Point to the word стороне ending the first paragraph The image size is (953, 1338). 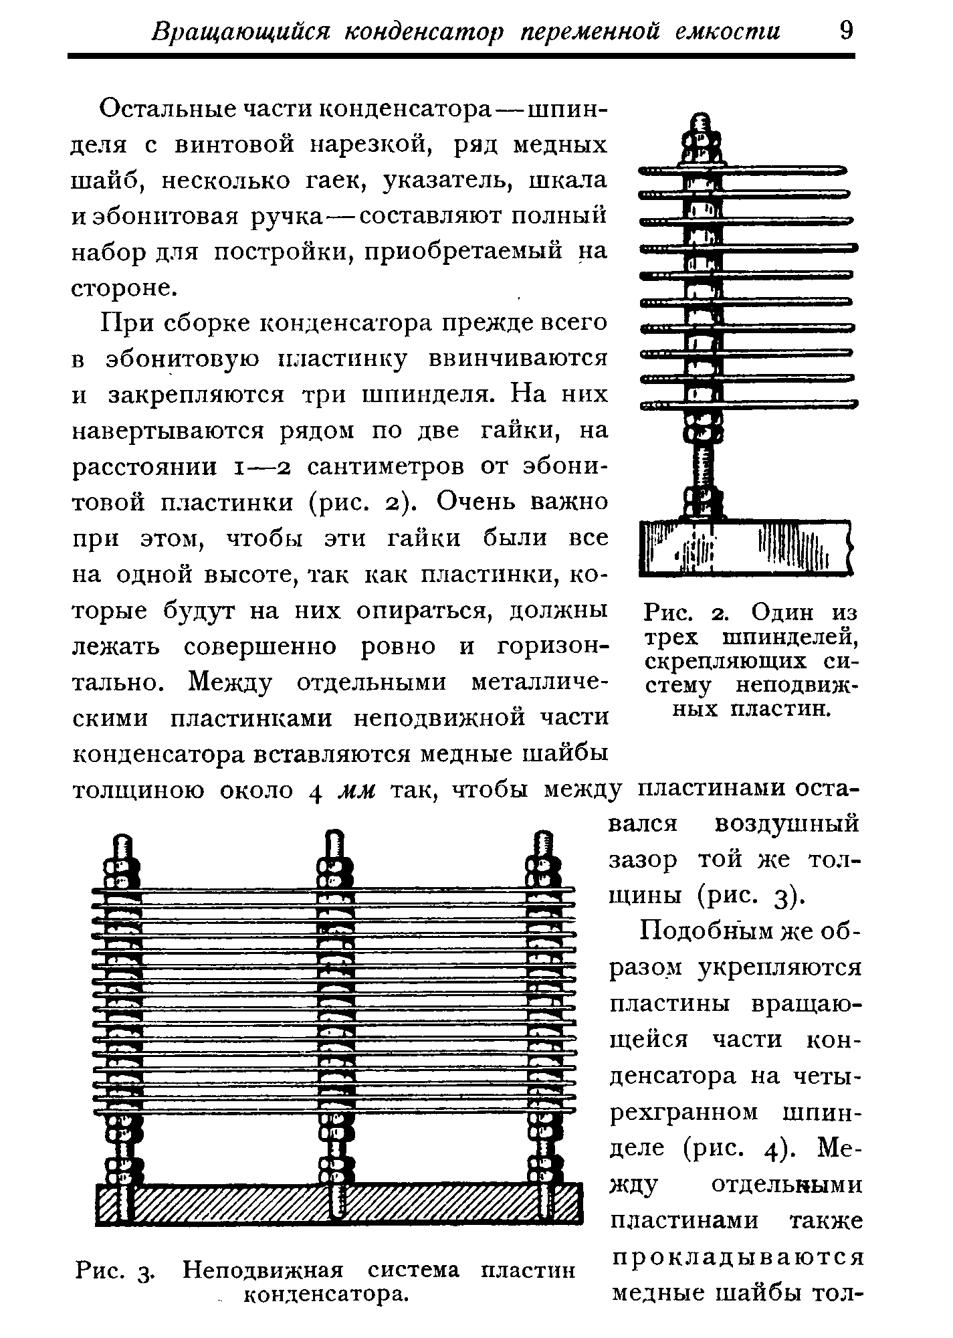(124, 288)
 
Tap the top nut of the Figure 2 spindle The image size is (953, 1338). (700, 140)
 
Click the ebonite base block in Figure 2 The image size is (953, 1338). (743, 549)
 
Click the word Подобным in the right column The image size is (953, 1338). (699, 932)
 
